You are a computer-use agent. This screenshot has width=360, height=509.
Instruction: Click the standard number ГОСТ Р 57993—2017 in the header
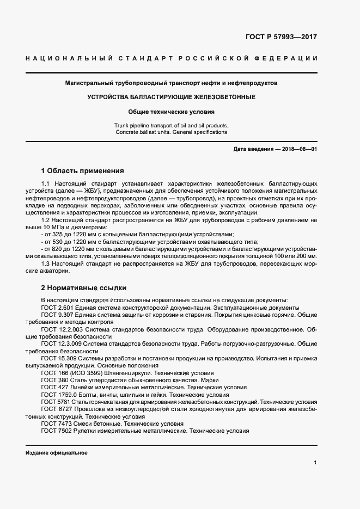click(282, 37)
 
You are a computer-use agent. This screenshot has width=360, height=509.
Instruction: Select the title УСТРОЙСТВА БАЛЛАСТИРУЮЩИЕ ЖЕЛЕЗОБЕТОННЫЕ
click(172, 97)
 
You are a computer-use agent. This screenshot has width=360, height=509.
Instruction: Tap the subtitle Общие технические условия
click(172, 112)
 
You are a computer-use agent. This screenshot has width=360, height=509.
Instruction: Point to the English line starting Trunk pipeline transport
click(172, 125)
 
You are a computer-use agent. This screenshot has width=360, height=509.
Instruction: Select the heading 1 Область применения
click(82, 170)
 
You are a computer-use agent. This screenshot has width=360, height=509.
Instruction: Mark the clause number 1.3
click(46, 263)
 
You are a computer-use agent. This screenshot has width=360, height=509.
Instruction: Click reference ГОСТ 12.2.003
click(60, 329)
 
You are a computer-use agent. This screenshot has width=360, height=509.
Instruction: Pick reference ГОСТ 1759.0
click(59, 395)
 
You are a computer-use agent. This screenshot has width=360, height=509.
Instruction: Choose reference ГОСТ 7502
click(55, 431)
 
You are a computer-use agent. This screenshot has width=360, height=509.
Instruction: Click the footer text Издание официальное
click(56, 453)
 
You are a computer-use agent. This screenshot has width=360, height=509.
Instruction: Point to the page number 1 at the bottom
click(315, 463)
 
